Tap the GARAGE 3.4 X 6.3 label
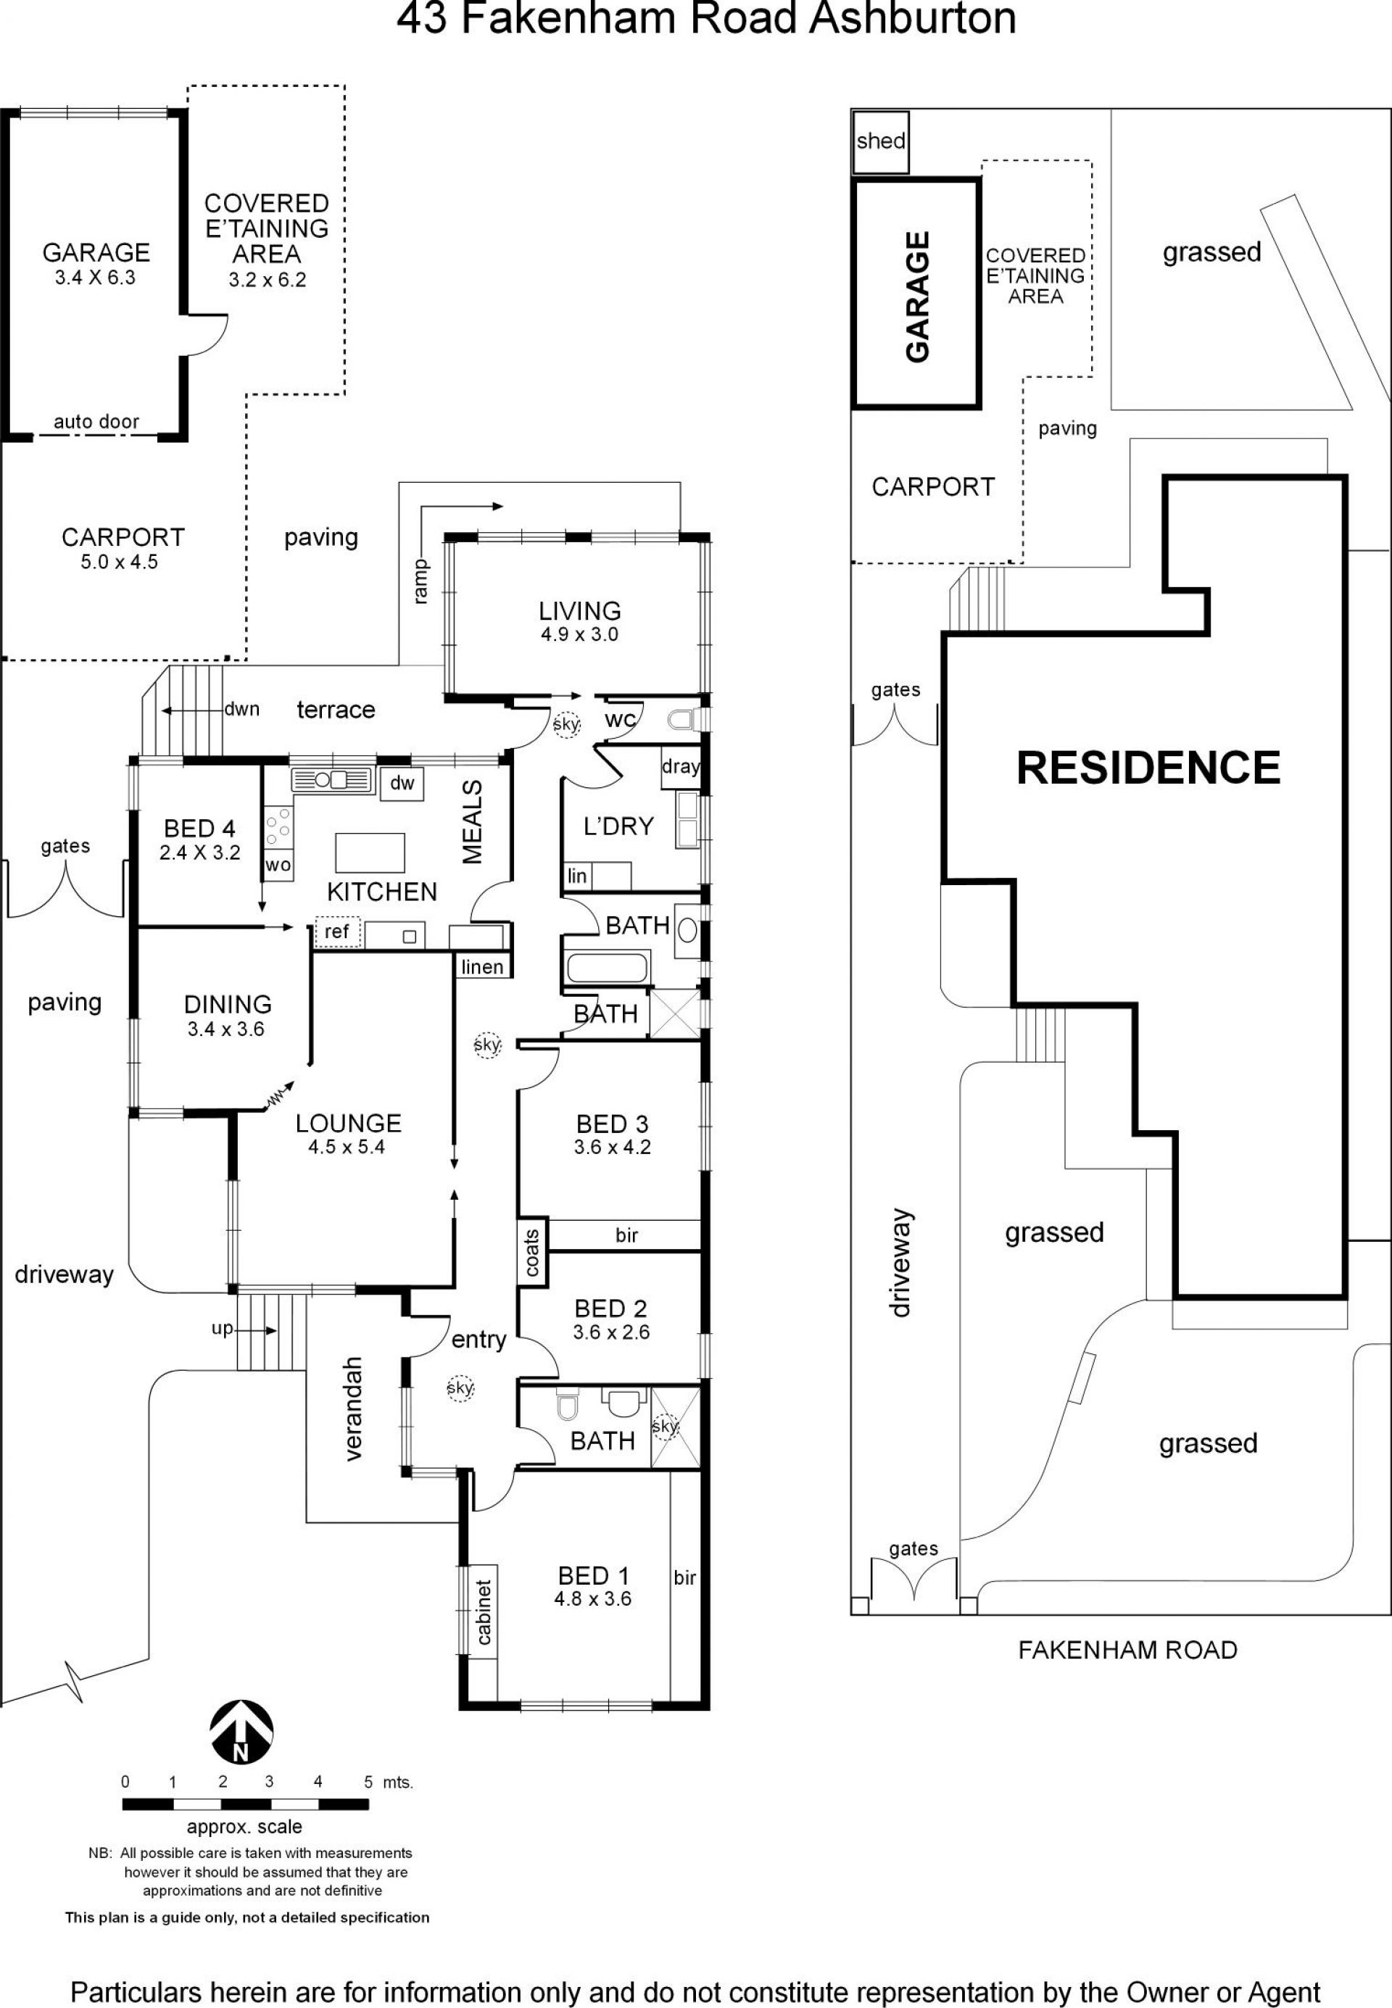click(96, 263)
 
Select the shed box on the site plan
click(880, 141)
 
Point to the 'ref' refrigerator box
click(336, 932)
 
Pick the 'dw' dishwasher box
click(402, 783)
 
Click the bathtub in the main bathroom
click(607, 967)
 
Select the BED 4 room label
click(199, 839)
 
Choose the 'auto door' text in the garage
click(96, 422)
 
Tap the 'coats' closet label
click(532, 1252)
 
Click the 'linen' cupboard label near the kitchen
click(481, 966)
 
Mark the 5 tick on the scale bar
click(368, 1781)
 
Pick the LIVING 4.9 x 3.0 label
click(579, 622)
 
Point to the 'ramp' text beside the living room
click(421, 581)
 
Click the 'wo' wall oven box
click(278, 865)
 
